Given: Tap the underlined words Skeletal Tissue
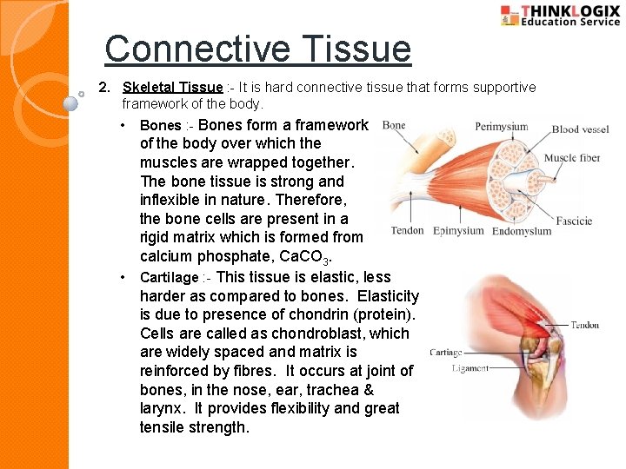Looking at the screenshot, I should tap(172, 88).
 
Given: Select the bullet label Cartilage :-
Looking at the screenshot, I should tap(175, 278).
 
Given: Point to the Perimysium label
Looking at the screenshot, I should tap(502, 127).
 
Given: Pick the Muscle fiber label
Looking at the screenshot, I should tap(571, 158).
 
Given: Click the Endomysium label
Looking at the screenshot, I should tap(522, 231).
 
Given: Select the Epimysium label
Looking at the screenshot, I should tap(458, 231).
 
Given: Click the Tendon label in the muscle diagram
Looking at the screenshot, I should tap(407, 231).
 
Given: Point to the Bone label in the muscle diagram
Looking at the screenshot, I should tap(394, 126).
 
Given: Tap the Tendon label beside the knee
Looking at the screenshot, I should tap(584, 325).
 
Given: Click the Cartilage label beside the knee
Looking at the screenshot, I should tap(446, 353).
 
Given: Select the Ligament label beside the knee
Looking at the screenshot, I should tap(470, 368).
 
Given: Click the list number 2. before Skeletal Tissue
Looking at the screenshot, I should tap(104, 88).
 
